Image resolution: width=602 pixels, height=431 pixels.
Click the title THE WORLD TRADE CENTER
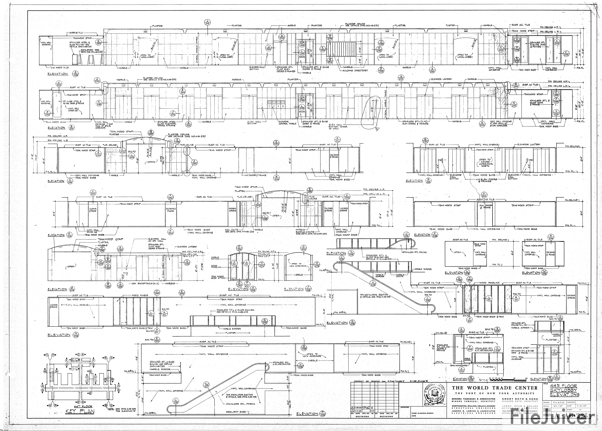pos(495,388)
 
